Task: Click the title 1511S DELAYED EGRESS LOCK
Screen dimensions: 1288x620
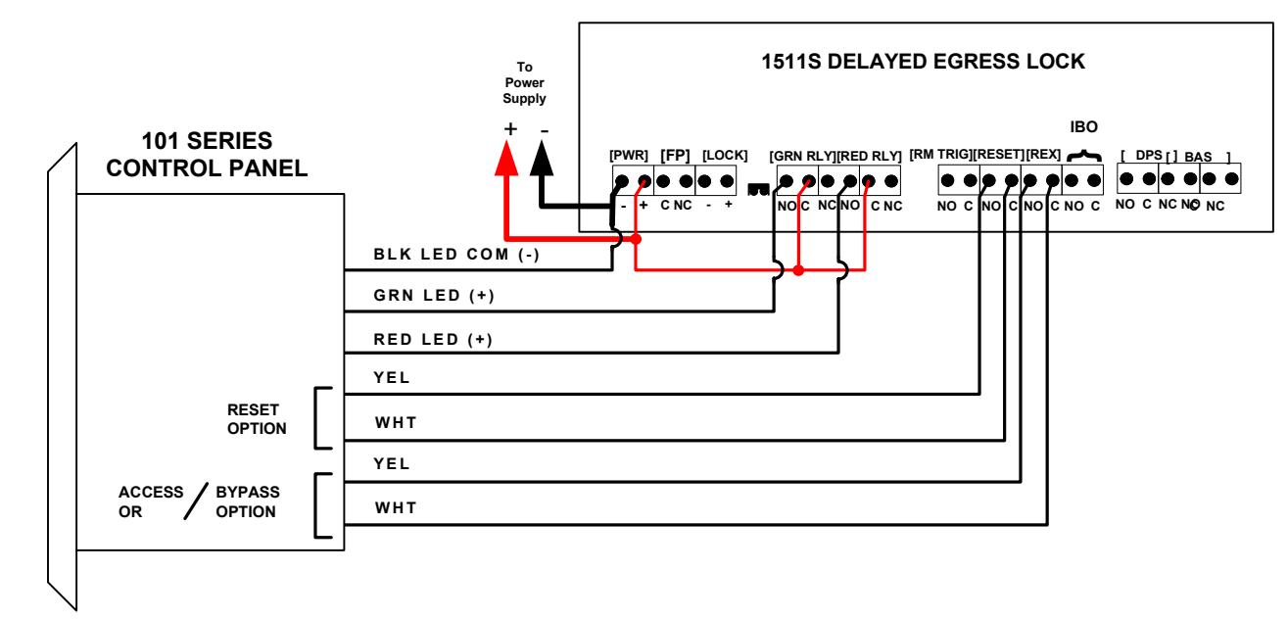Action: pos(923,62)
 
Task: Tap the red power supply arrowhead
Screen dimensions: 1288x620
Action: pos(506,159)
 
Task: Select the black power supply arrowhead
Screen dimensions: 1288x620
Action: pos(542,159)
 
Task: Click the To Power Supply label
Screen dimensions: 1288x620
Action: pos(524,83)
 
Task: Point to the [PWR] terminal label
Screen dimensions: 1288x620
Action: pos(629,156)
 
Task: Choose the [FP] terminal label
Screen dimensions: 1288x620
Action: pos(675,156)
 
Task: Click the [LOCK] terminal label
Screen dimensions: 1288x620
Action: pos(725,156)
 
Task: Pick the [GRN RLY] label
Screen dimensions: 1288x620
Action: pos(803,157)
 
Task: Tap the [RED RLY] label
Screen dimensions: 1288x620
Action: pos(869,157)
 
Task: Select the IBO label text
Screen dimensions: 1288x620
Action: pos(1084,127)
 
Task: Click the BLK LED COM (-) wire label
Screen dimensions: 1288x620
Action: pos(456,255)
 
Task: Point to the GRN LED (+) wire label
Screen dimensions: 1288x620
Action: pos(434,296)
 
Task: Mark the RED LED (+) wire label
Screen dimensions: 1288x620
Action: pos(433,339)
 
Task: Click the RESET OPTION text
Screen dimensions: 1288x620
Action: pos(257,419)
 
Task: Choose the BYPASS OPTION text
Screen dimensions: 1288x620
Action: pos(248,502)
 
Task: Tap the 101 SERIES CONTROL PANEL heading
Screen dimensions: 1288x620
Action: pos(207,155)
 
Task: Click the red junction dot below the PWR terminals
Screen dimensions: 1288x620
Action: pos(636,239)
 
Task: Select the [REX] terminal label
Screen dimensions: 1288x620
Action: pos(1044,155)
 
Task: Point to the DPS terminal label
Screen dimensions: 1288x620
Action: pos(1149,156)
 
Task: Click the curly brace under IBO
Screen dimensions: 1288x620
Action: pos(1084,156)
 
